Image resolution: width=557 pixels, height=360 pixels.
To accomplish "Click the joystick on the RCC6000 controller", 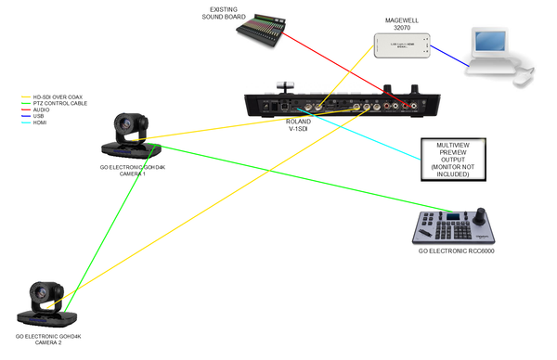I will (480, 218).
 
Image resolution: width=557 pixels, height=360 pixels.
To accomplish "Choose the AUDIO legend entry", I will (43, 109).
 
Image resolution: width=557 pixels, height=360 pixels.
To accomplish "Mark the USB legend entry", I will (40, 116).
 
